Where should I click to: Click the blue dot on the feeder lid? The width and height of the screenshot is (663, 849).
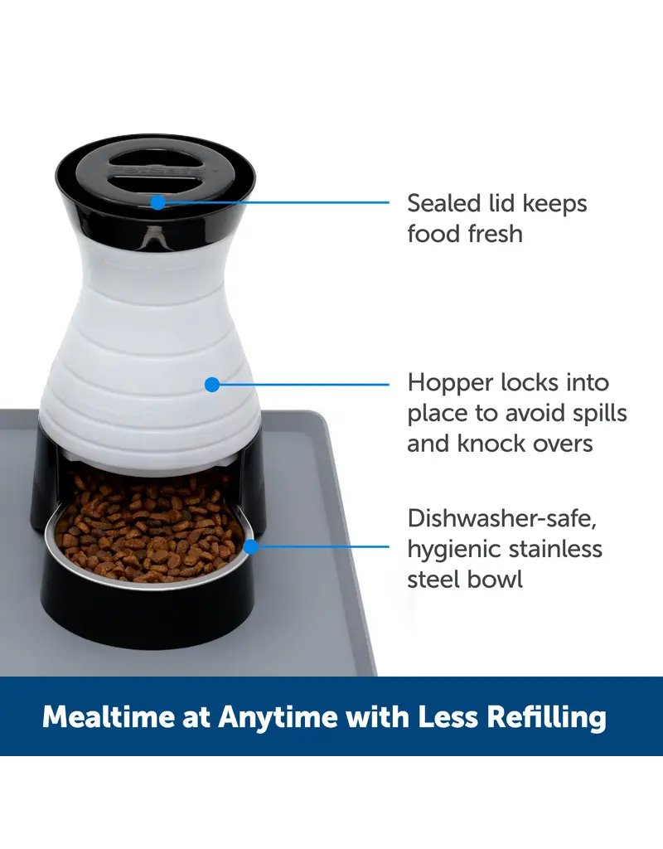pos(157,201)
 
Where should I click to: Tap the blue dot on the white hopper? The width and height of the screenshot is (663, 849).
pos(211,384)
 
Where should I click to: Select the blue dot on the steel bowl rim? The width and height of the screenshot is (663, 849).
pos(250,546)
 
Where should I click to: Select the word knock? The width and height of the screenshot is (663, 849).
pos(491,443)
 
